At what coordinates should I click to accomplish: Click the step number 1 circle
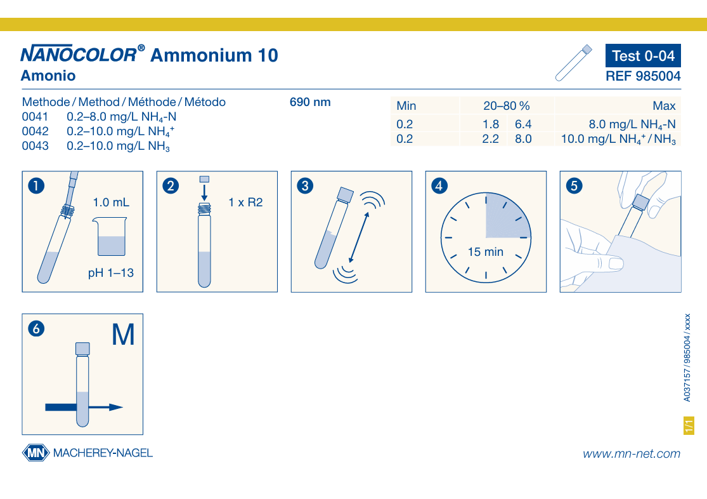pos(37,185)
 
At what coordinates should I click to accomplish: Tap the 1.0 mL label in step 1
pos(111,203)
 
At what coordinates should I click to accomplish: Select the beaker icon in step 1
pos(110,237)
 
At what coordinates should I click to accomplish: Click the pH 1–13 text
pos(111,273)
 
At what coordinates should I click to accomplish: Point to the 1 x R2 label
pos(245,203)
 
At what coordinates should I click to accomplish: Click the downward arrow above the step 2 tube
pos(204,192)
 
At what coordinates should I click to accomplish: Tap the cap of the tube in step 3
pos(346,195)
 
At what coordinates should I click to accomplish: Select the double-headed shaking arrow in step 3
pos(359,237)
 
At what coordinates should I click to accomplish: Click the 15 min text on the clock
pos(486,252)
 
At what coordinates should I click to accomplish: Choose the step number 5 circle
pos(574,185)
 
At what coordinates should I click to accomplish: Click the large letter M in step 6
pos(123,335)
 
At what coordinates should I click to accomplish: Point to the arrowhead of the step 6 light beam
pos(116,408)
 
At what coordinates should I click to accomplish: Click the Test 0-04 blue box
pos(643,55)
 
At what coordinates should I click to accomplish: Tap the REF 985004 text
pos(643,76)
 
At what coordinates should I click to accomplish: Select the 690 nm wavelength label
pos(310,102)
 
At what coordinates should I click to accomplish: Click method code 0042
pos(35,131)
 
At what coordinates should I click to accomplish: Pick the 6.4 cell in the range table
pos(523,124)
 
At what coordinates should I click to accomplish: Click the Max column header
pos(664,105)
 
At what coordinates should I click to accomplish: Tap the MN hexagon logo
pos(36,453)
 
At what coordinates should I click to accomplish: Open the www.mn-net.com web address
pos(632,454)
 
